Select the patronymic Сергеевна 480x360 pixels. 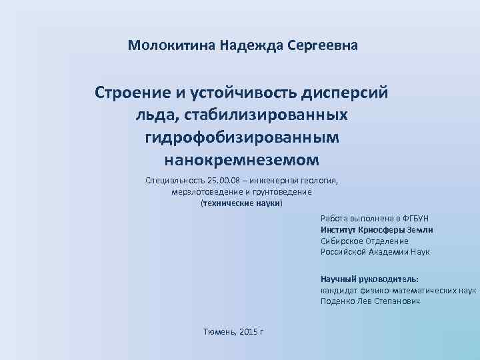coord(325,46)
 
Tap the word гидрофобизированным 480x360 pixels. coord(241,137)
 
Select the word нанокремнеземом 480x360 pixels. coord(241,160)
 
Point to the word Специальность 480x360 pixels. coord(175,181)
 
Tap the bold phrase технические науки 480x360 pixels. coord(241,203)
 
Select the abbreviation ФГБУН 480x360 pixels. coord(415,219)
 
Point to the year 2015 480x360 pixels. coord(248,331)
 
